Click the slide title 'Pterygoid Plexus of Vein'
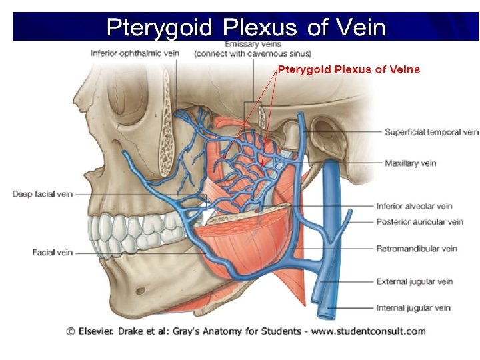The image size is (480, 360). (246, 27)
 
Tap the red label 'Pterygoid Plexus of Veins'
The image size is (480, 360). (349, 69)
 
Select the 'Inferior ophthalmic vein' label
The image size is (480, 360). (135, 53)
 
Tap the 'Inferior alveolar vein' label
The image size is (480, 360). (414, 207)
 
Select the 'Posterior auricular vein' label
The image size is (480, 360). (419, 221)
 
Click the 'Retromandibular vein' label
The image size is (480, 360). (417, 249)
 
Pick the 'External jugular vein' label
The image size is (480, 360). (414, 281)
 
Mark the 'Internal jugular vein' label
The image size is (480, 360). (413, 308)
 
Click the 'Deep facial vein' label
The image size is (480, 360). (41, 194)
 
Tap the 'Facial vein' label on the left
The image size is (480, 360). (52, 253)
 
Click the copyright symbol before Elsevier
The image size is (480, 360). (70, 331)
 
